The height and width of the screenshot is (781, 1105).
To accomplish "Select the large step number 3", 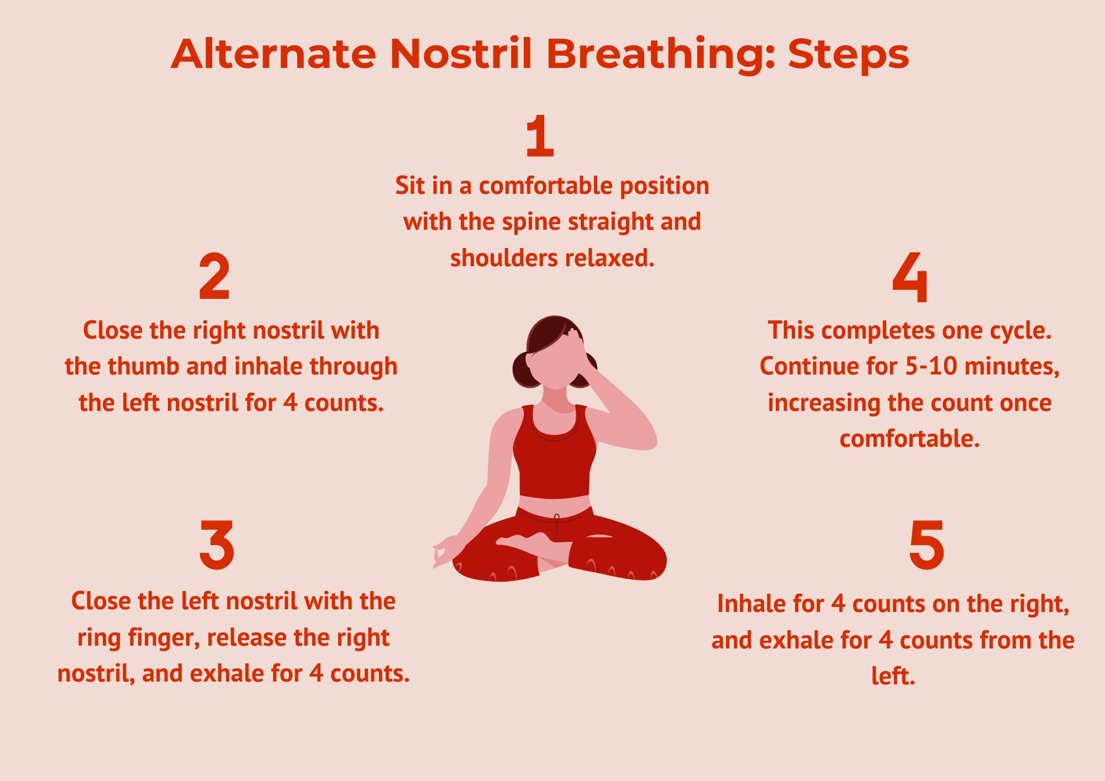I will tap(217, 545).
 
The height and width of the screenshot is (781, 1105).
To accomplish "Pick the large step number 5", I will tap(927, 545).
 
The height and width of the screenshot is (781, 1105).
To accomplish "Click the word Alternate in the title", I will tap(273, 54).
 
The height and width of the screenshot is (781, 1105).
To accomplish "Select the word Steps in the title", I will tap(849, 55).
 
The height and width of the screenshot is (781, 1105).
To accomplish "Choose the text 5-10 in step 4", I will tap(931, 367).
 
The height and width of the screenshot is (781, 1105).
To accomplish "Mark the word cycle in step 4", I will tap(1020, 331).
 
